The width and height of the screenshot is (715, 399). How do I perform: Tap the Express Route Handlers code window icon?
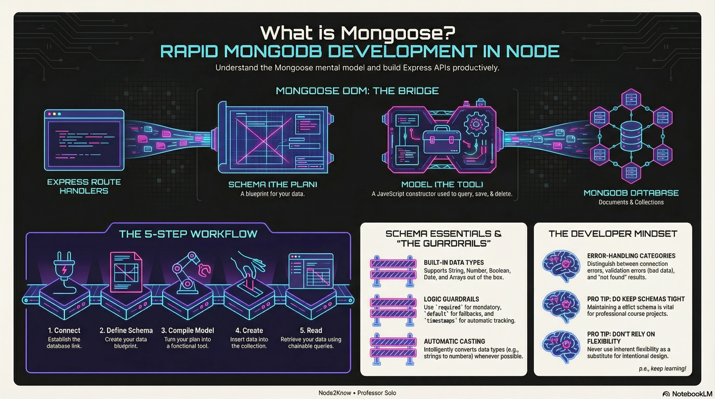(x=84, y=140)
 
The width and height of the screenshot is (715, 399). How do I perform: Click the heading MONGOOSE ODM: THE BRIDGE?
(x=357, y=91)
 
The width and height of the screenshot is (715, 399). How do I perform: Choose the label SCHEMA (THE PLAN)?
(x=273, y=184)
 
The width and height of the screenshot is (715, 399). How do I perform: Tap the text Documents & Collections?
(x=631, y=202)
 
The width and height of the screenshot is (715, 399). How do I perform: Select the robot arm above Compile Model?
(x=190, y=272)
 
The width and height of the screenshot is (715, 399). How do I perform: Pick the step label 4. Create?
(x=249, y=330)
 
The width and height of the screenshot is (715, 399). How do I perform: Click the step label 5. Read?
(x=311, y=330)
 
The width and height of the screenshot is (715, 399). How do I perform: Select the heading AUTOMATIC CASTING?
(x=454, y=341)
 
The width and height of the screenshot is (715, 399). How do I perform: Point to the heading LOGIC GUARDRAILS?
(x=451, y=299)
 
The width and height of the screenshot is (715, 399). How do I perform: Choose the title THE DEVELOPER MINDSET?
(x=613, y=234)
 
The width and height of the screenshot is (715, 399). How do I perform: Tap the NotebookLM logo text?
(x=692, y=394)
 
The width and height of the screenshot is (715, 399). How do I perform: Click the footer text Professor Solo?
(x=376, y=393)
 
